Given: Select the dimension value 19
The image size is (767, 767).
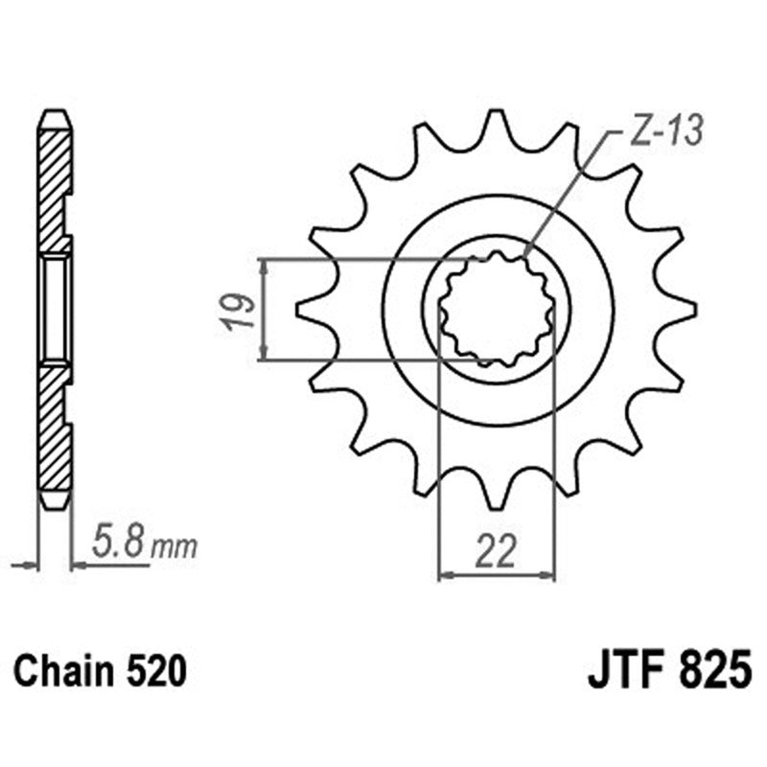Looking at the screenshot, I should click(x=243, y=311).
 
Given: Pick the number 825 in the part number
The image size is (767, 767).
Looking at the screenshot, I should click(x=711, y=668).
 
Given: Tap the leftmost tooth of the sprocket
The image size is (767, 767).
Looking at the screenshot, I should click(x=312, y=309).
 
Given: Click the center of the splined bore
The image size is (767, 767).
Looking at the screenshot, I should click(x=496, y=309).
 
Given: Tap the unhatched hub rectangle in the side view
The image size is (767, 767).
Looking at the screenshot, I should click(x=55, y=309).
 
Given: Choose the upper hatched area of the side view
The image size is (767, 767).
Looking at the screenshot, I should click(x=54, y=182).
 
